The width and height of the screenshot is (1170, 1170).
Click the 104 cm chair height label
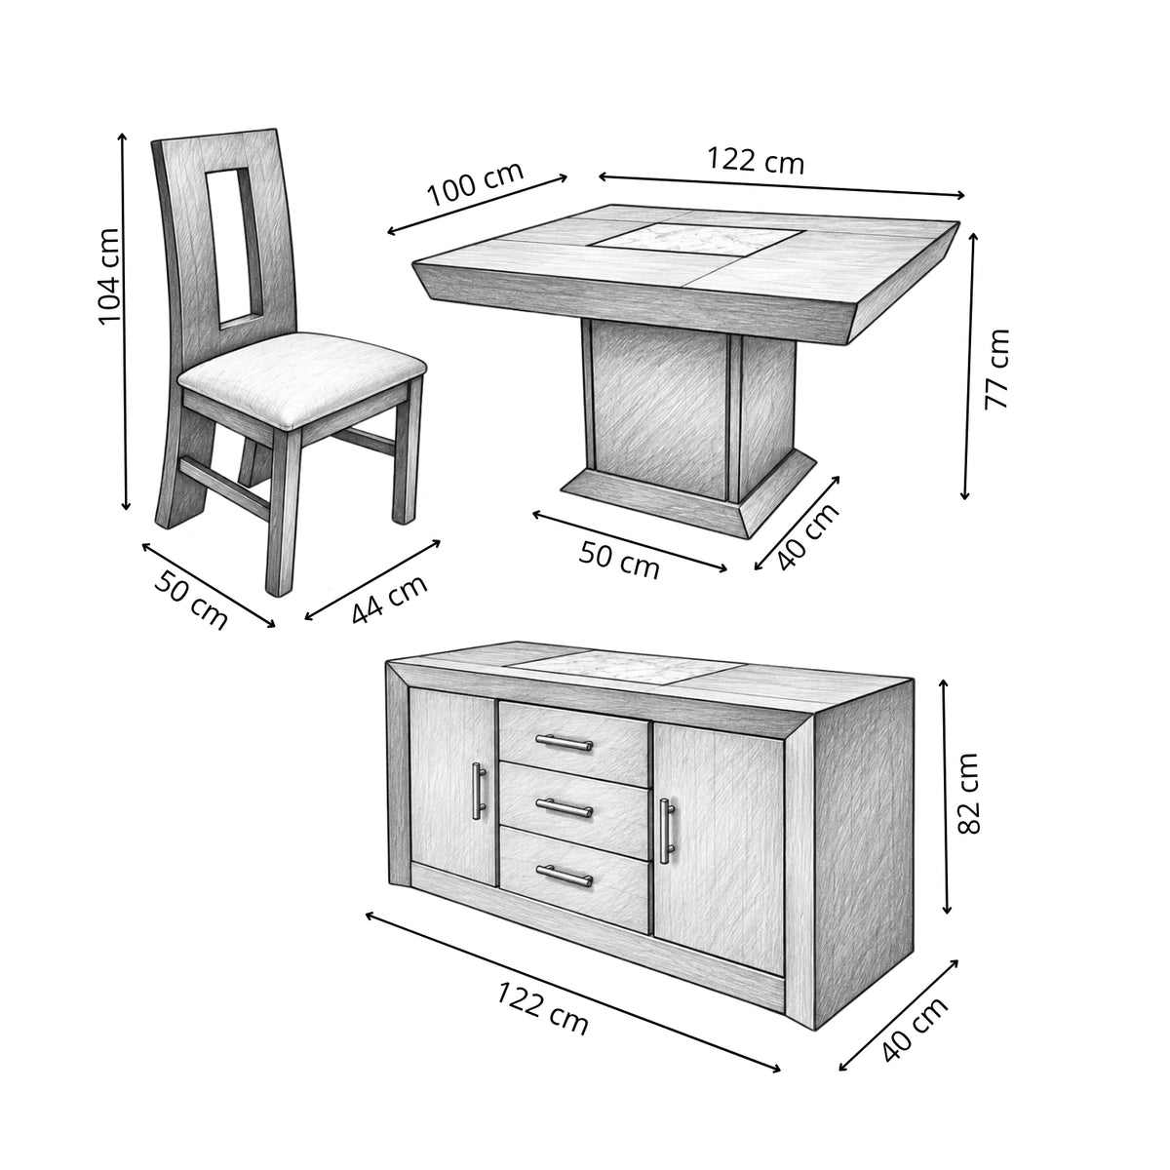click(x=109, y=277)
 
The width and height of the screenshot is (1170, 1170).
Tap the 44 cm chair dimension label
click(x=390, y=599)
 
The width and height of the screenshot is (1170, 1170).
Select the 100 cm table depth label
click(x=476, y=183)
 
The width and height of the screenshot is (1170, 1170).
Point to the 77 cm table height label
click(x=996, y=369)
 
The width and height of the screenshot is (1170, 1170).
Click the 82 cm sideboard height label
click(x=968, y=794)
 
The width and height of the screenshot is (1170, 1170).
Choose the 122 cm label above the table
click(x=756, y=161)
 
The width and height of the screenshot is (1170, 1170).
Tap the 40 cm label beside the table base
click(x=808, y=536)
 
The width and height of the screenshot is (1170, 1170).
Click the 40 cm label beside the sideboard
click(x=915, y=1030)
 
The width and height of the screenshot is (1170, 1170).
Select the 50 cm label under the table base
click(x=619, y=560)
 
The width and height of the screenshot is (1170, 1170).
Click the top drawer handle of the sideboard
click(x=565, y=741)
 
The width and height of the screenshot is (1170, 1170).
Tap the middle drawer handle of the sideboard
click(x=565, y=807)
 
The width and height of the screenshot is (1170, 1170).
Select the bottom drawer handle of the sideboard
click(x=565, y=877)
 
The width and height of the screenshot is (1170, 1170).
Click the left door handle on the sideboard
click(x=479, y=791)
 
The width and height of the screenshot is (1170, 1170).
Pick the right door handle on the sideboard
click(x=667, y=831)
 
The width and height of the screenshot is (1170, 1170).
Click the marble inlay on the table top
click(x=698, y=238)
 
